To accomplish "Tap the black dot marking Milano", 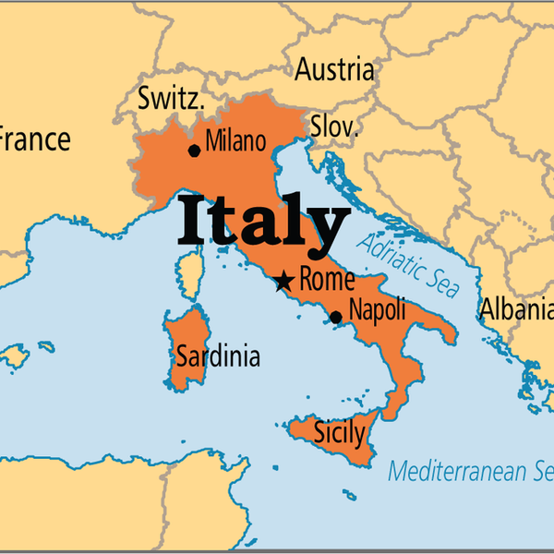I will [194, 151].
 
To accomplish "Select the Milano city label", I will [235, 141].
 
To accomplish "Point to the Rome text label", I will [327, 280].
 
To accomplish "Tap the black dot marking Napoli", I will [336, 318].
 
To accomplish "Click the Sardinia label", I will [218, 356].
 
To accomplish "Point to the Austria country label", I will [335, 69].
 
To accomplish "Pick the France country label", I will [33, 140].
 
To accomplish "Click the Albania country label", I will [515, 310].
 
